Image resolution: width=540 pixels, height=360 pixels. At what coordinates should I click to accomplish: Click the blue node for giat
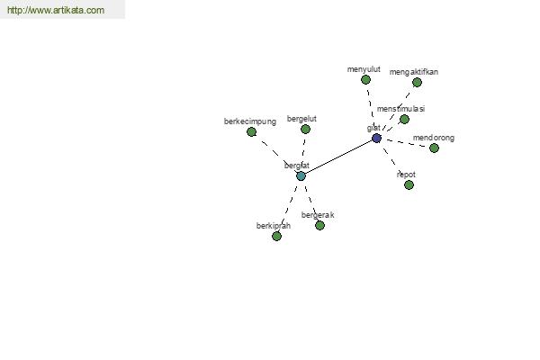[x=376, y=138]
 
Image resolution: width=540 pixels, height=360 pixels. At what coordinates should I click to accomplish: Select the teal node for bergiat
[x=301, y=176]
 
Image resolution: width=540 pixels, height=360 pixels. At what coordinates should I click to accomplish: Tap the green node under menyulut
[x=365, y=80]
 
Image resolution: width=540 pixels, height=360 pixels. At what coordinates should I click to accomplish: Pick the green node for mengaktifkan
[x=417, y=82]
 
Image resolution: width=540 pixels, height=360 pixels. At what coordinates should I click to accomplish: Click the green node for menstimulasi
[x=404, y=119]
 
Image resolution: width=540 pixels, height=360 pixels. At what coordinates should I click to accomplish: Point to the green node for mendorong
[x=434, y=148]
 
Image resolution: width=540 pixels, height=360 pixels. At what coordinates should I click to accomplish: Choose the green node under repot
[x=409, y=185]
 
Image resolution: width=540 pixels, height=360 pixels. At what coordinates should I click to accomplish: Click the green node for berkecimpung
[x=251, y=131]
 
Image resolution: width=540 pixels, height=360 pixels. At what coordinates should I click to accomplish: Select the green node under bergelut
[x=305, y=130]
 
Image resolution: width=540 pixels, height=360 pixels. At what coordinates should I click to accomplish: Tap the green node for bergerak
[x=319, y=225]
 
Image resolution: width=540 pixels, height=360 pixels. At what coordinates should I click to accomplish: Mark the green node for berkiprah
[x=276, y=236]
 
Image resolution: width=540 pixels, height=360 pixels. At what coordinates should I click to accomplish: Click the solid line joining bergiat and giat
[x=338, y=157]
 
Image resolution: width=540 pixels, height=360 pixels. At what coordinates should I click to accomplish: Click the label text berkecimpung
[x=250, y=121]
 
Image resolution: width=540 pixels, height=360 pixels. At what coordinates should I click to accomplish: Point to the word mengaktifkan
[x=414, y=72]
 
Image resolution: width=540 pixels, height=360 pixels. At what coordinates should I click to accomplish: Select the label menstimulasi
[x=400, y=109]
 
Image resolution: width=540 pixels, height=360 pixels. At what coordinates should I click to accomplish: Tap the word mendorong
[x=434, y=138]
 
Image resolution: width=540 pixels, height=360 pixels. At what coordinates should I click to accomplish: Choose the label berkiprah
[x=274, y=226]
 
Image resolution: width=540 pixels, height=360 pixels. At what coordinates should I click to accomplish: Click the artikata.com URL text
[x=56, y=10]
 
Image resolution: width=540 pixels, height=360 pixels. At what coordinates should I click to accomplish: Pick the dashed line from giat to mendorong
[x=405, y=143]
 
